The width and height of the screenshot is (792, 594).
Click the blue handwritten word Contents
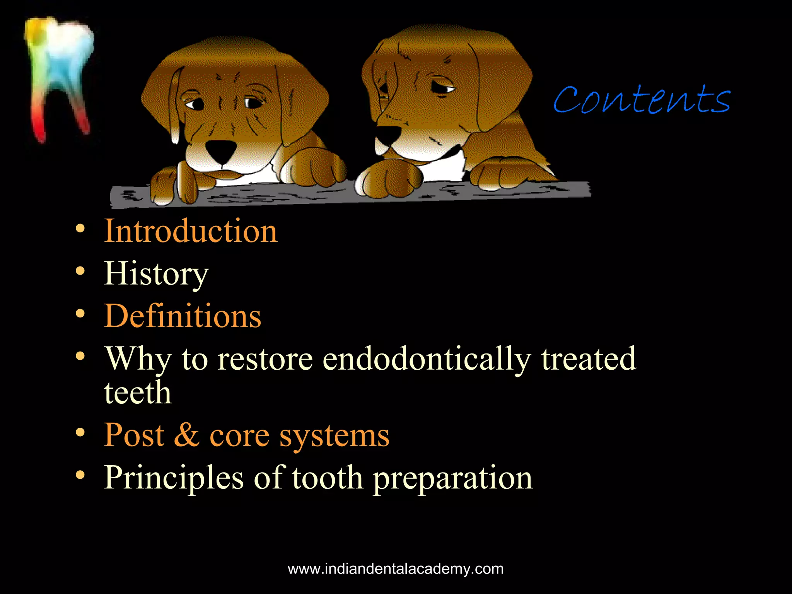(x=642, y=100)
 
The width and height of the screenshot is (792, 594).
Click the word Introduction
(x=191, y=231)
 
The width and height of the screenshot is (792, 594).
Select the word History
(x=156, y=274)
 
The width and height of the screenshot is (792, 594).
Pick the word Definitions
(x=183, y=316)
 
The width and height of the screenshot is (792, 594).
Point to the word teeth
(x=138, y=393)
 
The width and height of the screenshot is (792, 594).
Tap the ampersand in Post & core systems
(x=186, y=435)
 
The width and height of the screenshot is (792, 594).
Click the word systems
(x=334, y=436)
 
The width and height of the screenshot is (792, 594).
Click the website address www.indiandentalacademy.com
(x=396, y=569)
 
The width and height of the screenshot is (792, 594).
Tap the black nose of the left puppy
(x=221, y=150)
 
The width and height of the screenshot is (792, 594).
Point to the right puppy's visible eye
(x=442, y=88)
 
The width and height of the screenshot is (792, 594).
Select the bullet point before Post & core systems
(x=80, y=432)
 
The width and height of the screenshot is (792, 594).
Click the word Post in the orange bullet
(x=134, y=435)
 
